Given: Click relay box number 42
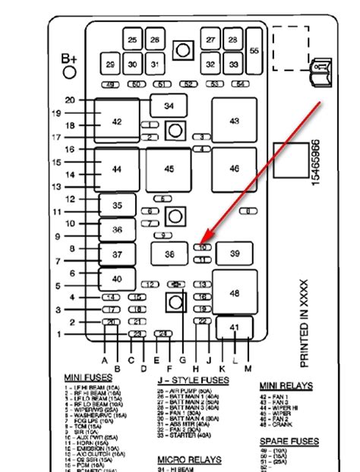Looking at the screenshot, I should pos(116,121).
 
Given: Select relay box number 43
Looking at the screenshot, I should pos(234,121).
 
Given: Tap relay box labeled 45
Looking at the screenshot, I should pos(169,168).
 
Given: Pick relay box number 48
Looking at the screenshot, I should pos(234,292).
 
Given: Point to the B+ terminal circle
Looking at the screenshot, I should pos(70,73).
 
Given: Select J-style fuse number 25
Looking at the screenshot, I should pos(133,39).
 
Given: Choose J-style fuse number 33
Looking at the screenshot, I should pos(234,65).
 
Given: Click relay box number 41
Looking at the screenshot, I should pos(234,328).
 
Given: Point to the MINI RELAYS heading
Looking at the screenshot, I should pos(286,385).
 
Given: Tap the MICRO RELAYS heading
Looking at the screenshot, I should pos(189,460).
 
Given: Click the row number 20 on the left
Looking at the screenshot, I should pos(70,100).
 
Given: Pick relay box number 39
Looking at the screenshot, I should pos(234,254).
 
